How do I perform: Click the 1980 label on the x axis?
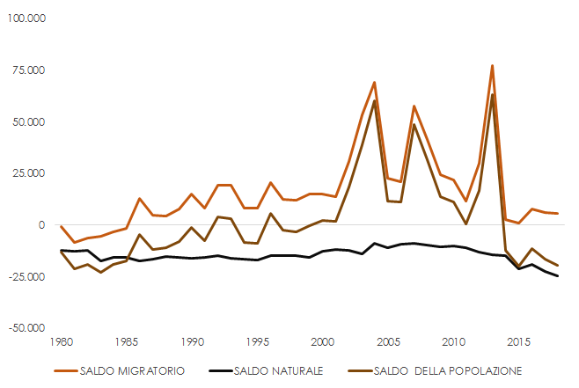point(61,341)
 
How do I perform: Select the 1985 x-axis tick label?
point(127,341)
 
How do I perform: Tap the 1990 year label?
point(192,341)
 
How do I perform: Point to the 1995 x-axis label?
point(257,341)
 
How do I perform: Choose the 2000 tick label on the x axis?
point(323,341)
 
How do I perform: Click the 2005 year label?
point(388,341)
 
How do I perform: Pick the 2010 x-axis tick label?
point(453,341)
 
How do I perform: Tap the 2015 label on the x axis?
point(518,341)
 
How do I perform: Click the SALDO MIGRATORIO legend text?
point(132,370)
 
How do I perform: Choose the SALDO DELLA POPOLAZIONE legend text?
point(449,370)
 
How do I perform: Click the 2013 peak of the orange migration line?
point(492,65)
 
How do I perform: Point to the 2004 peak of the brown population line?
point(375,101)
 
